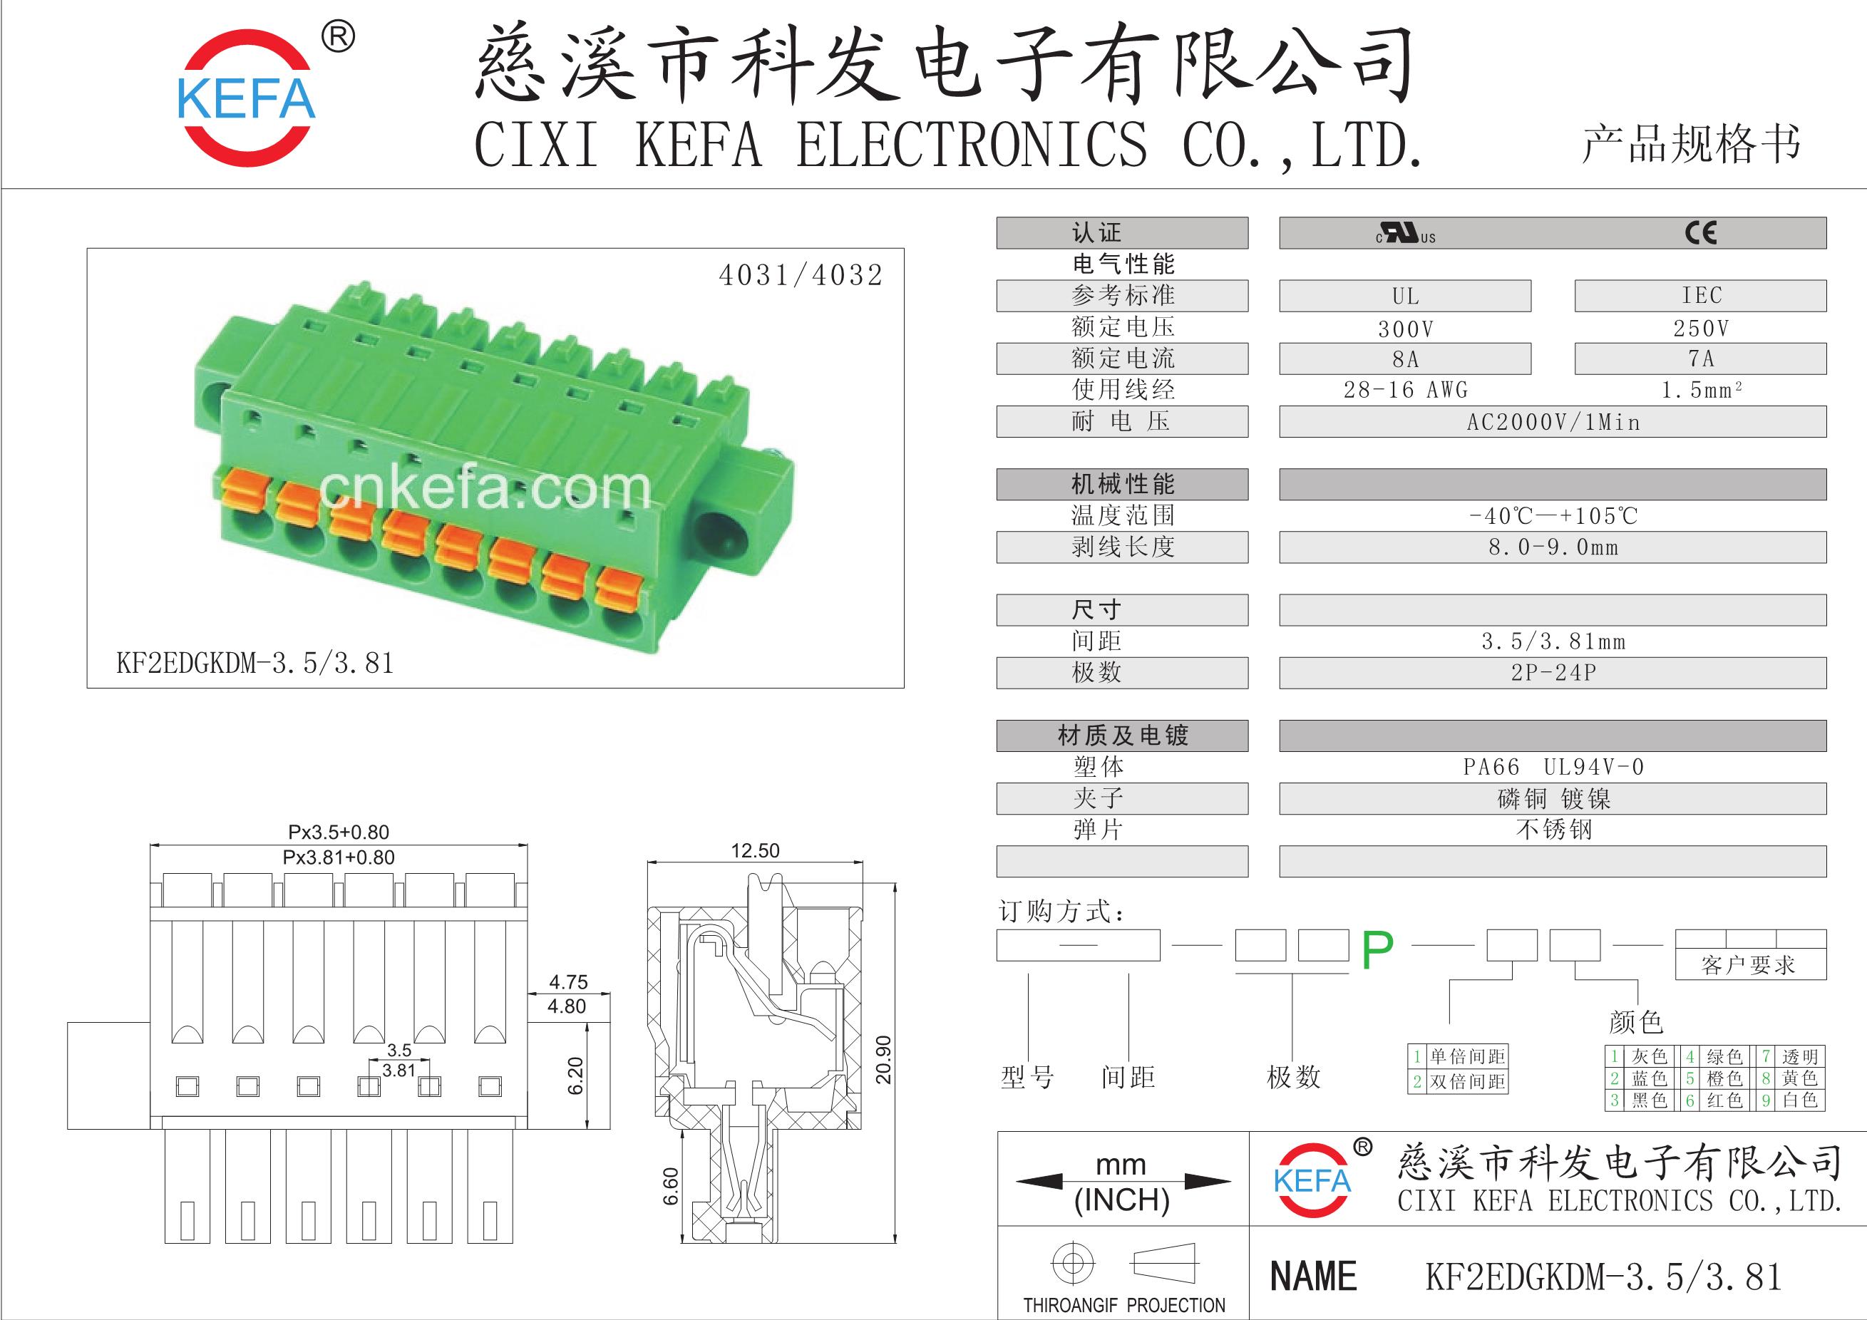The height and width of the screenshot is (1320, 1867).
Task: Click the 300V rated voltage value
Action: pyautogui.click(x=1405, y=329)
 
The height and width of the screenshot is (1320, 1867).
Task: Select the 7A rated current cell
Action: pyautogui.click(x=1701, y=359)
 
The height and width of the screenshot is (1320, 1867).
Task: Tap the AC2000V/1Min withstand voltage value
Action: pyautogui.click(x=1553, y=422)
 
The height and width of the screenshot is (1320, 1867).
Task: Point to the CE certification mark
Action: pyautogui.click(x=1700, y=233)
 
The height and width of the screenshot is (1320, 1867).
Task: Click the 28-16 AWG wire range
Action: pyautogui.click(x=1405, y=390)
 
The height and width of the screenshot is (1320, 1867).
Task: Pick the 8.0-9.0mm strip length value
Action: pyautogui.click(x=1553, y=547)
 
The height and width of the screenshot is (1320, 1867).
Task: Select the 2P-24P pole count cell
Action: pyautogui.click(x=1553, y=673)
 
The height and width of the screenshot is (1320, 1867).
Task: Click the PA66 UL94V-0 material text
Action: pyautogui.click(x=1553, y=766)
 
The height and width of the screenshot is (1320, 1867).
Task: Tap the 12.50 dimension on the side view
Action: pyautogui.click(x=755, y=850)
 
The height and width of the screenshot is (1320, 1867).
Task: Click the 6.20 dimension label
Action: pyautogui.click(x=576, y=1076)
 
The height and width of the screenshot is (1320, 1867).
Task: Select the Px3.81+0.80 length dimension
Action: pyautogui.click(x=339, y=857)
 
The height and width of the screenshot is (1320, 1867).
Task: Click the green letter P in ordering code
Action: pyautogui.click(x=1377, y=949)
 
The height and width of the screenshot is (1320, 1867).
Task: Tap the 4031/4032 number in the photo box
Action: pyautogui.click(x=800, y=276)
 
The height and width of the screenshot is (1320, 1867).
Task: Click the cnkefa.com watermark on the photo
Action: pyautogui.click(x=485, y=488)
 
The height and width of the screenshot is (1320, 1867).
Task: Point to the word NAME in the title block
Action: pyautogui.click(x=1313, y=1275)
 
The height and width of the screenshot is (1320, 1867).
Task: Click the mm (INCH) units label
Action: pyautogui.click(x=1121, y=1182)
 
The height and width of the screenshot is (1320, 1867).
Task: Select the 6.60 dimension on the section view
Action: pyautogui.click(x=671, y=1187)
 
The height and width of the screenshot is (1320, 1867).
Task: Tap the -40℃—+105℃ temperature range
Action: pyautogui.click(x=1553, y=515)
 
